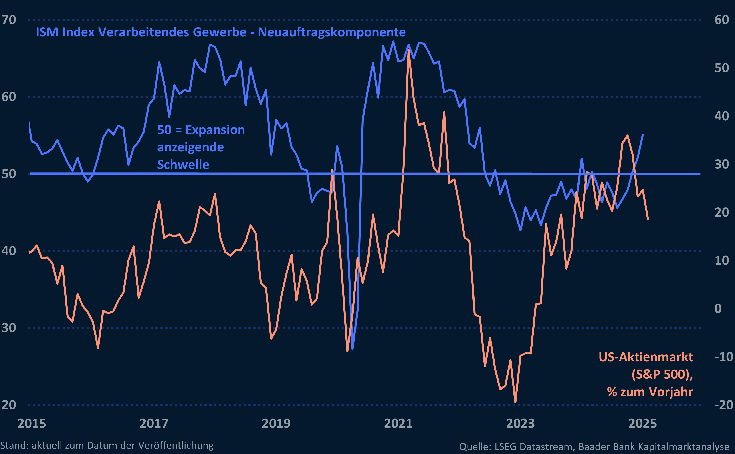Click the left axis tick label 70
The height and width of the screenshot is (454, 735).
coord(9,20)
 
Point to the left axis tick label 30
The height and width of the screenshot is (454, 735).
coord(9,328)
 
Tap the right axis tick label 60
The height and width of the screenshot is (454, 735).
coord(721,20)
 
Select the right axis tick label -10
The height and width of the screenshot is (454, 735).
coord(723,357)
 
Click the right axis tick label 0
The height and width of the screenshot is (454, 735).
coord(718,309)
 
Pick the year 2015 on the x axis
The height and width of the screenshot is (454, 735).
coord(32,423)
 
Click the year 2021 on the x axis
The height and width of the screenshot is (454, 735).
coord(398,423)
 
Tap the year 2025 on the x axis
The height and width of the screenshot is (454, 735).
coord(642,423)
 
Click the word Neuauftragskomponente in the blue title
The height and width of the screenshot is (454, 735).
coord(332,32)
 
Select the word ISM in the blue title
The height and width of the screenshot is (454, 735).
coord(47,32)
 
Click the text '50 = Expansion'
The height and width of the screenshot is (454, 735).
coord(201,130)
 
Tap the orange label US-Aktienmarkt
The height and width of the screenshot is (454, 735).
coord(646,357)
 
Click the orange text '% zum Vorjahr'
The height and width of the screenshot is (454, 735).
coord(650,392)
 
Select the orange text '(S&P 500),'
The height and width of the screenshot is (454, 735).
coord(662,374)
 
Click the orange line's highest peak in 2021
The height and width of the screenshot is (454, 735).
coord(408,50)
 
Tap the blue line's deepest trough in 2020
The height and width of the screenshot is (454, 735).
coord(352,349)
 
